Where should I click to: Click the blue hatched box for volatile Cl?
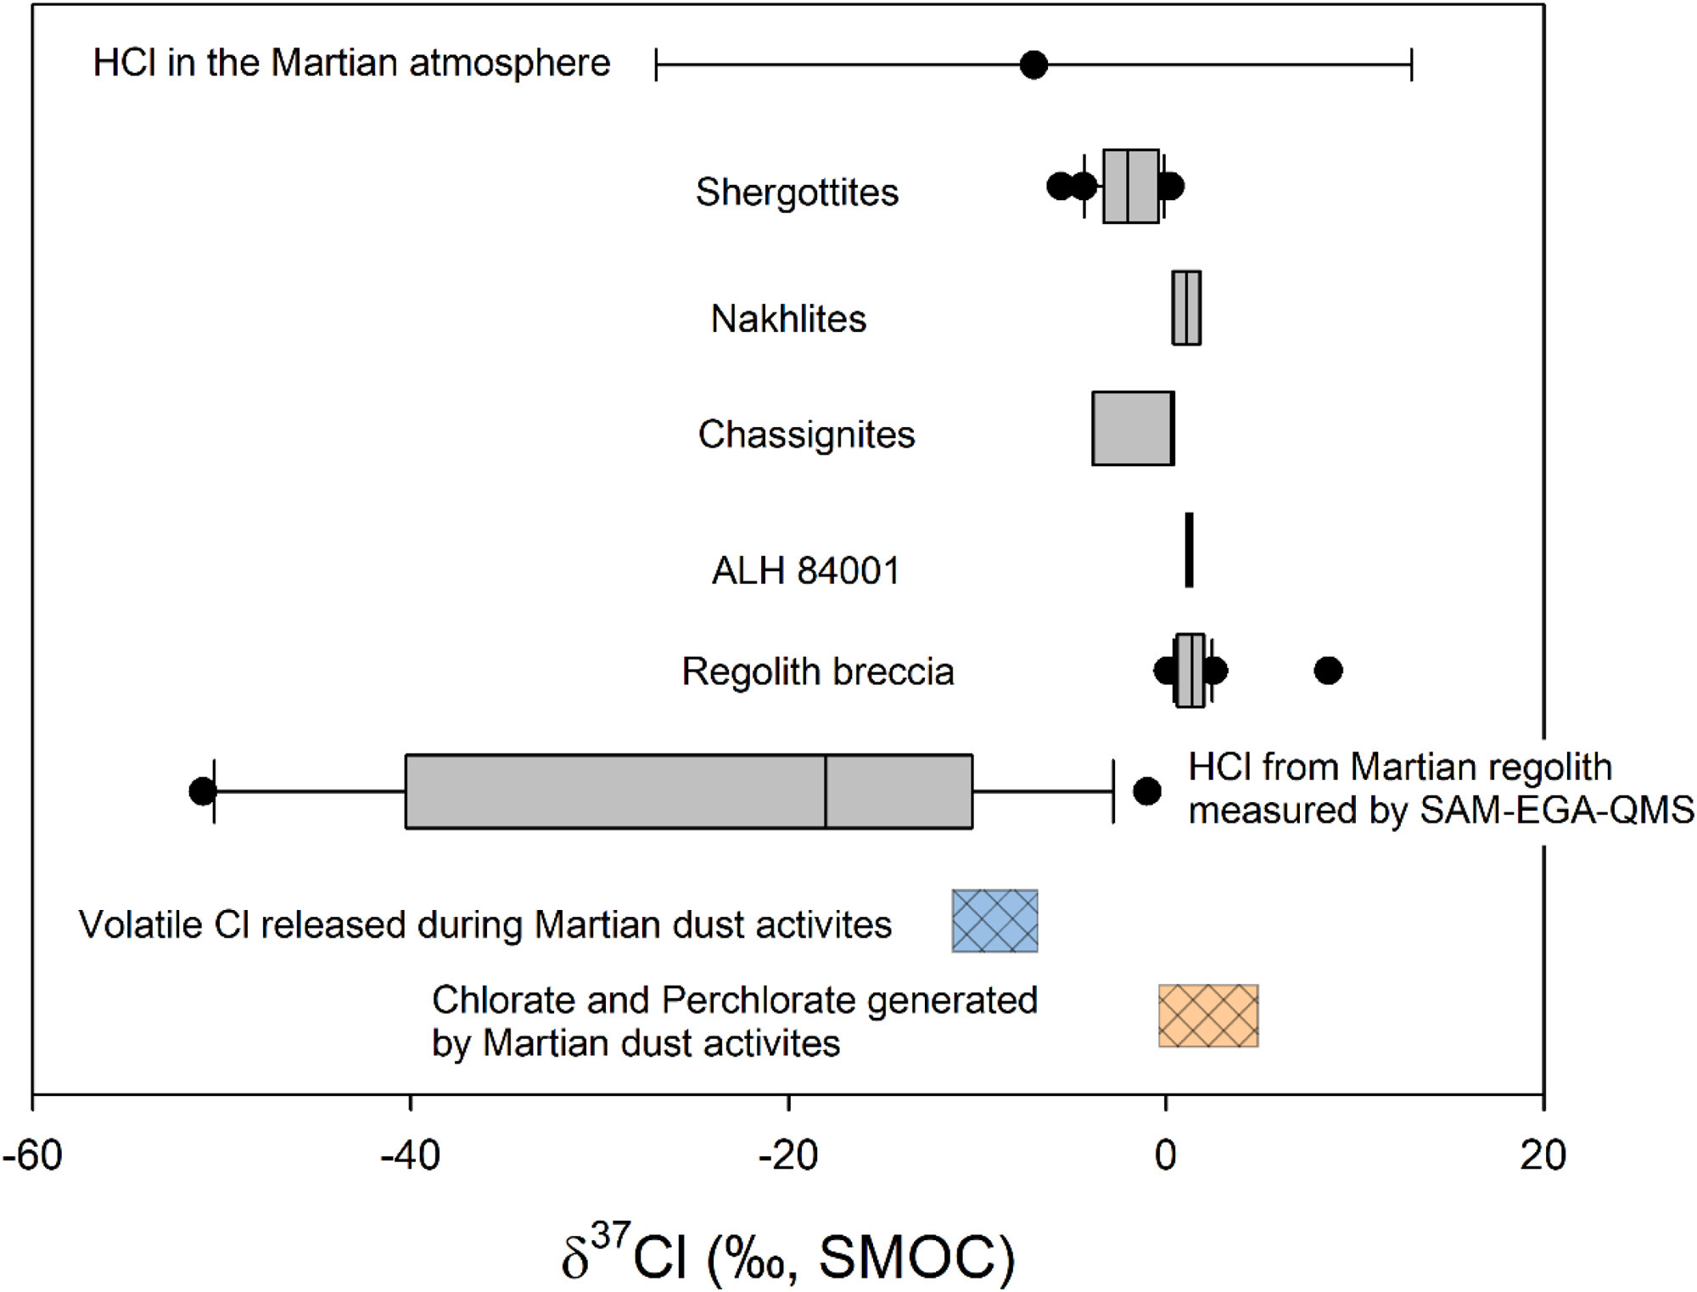click(x=994, y=921)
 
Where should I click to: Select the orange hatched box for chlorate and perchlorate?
click(x=1208, y=1016)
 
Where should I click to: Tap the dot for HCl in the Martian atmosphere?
click(x=1033, y=65)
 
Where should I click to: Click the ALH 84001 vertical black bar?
click(x=1189, y=550)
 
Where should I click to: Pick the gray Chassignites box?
click(x=1133, y=429)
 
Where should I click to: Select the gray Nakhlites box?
click(x=1186, y=308)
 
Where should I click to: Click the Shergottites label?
click(x=797, y=192)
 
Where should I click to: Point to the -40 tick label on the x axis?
click(x=410, y=1155)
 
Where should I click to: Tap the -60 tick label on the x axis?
click(x=32, y=1155)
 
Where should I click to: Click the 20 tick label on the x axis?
click(x=1543, y=1155)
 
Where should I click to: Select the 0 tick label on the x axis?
click(x=1165, y=1155)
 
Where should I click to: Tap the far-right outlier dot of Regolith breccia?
click(x=1328, y=671)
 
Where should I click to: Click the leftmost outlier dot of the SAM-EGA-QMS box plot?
click(x=202, y=791)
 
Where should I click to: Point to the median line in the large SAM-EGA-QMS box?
click(x=825, y=791)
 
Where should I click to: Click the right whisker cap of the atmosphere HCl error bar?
click(x=1411, y=65)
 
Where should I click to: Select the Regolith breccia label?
click(x=818, y=671)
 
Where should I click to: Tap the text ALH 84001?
click(x=805, y=570)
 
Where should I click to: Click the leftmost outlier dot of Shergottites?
click(x=1060, y=186)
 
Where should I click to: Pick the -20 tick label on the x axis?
click(x=787, y=1155)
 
